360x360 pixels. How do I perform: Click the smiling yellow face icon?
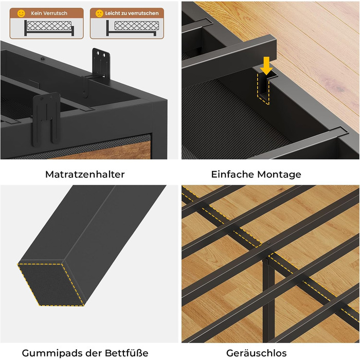(21, 13)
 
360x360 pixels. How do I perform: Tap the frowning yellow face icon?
(99, 13)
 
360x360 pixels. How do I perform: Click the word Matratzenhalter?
(85, 174)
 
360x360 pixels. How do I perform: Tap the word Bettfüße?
(127, 353)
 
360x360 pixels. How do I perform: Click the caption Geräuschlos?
(256, 353)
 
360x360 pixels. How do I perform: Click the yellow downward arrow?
(266, 66)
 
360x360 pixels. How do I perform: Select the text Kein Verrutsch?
(49, 13)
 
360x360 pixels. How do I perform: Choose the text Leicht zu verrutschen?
(132, 13)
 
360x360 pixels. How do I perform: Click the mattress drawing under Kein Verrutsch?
(49, 26)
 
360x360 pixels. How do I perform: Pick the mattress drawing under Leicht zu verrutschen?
(136, 26)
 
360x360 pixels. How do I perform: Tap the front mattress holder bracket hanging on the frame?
(46, 119)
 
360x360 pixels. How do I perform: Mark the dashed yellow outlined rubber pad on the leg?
(51, 285)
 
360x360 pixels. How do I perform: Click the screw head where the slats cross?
(268, 243)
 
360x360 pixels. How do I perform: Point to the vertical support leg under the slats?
(268, 298)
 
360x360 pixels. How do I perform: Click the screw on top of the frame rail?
(43, 59)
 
